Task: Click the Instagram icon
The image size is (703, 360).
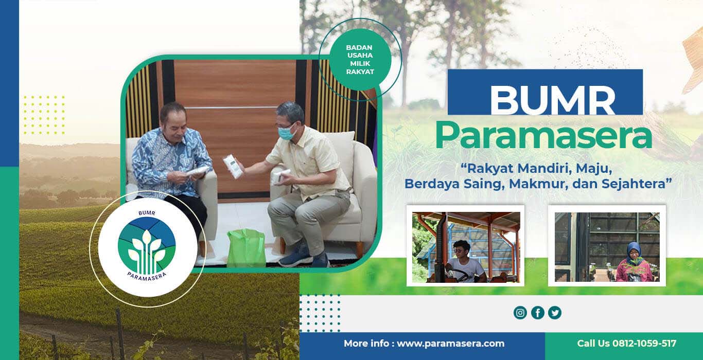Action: click(x=520, y=313)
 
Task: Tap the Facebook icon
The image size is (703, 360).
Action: click(x=538, y=313)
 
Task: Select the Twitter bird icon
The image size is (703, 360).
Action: click(x=555, y=313)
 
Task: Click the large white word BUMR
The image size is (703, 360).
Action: click(x=553, y=100)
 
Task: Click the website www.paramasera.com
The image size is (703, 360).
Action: click(x=451, y=344)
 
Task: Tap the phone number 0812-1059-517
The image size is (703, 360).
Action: click(x=644, y=344)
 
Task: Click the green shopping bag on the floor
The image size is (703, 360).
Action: click(x=247, y=248)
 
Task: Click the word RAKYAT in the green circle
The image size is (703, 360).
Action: click(x=360, y=72)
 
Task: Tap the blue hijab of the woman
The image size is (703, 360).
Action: click(x=633, y=253)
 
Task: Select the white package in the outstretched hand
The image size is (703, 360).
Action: click(x=233, y=167)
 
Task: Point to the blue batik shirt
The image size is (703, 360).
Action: click(x=171, y=160)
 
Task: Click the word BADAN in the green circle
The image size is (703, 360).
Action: click(x=359, y=48)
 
